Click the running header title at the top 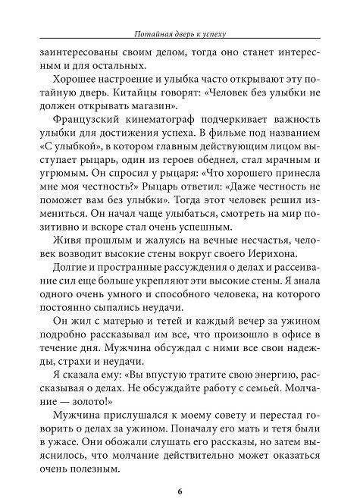pos(180,33)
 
